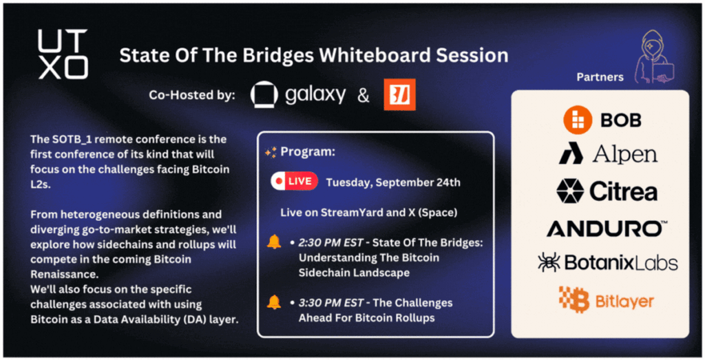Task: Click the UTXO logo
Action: (x=63, y=54)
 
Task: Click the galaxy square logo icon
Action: (x=264, y=94)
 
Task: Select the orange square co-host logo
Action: (x=399, y=94)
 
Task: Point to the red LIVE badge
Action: (x=295, y=181)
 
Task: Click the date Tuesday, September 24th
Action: (x=393, y=182)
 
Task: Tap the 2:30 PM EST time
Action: (x=330, y=243)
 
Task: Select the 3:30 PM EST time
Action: (x=330, y=303)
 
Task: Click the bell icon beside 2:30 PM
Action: (x=274, y=242)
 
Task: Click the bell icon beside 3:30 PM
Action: (x=274, y=302)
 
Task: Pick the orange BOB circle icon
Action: (x=578, y=120)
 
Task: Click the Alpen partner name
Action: (x=625, y=155)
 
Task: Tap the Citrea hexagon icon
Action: (x=569, y=191)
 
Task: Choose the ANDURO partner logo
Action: (x=607, y=229)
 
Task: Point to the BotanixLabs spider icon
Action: (x=549, y=262)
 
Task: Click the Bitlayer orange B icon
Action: (x=574, y=299)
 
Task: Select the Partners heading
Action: (x=600, y=77)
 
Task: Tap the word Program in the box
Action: (x=308, y=152)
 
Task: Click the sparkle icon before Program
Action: (x=271, y=152)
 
